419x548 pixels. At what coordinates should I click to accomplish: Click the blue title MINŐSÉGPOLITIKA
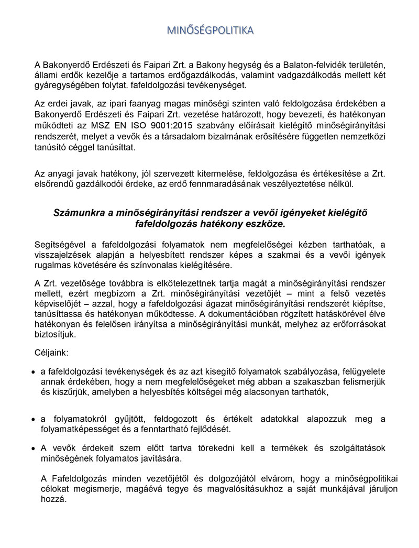210,30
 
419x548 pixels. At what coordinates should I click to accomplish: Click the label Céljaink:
49,354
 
